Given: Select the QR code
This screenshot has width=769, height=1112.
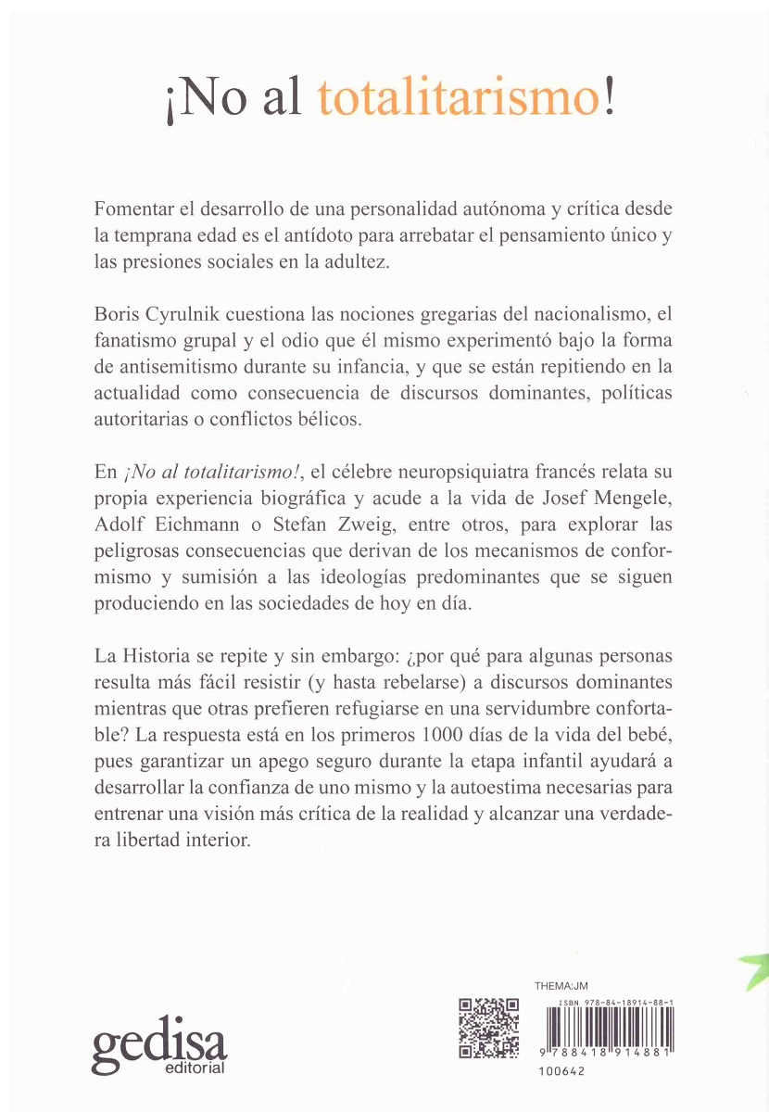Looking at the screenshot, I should coord(489,1028).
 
